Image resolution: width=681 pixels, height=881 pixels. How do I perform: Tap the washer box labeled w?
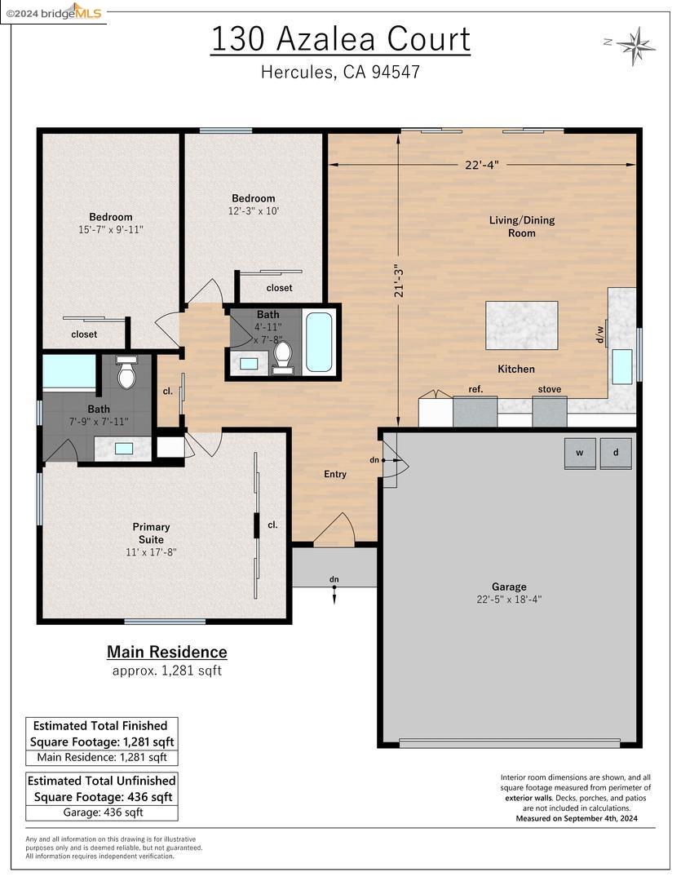click(580, 454)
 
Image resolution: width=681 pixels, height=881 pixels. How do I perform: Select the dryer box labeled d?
click(616, 454)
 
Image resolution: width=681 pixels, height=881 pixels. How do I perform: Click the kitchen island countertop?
click(522, 325)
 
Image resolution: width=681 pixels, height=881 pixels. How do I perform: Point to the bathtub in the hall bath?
click(319, 342)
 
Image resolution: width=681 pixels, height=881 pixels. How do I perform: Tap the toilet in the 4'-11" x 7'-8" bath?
click(283, 355)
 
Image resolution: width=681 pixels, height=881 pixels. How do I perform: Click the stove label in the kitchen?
click(549, 389)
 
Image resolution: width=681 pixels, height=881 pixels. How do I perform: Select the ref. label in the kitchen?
click(475, 389)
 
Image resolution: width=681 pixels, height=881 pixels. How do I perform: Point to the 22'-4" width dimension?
click(481, 164)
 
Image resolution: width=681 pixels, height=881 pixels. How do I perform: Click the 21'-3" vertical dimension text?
click(399, 280)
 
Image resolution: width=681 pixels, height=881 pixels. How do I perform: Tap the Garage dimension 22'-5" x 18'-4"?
click(509, 599)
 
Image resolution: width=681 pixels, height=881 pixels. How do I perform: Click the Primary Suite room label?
click(151, 533)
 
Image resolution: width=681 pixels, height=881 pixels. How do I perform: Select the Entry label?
click(335, 474)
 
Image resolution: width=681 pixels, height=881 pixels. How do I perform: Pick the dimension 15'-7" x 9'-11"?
click(111, 229)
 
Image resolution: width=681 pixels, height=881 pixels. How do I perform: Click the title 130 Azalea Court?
click(340, 39)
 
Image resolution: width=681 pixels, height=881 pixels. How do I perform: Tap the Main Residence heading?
click(167, 652)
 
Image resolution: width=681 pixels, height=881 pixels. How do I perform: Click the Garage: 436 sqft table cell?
click(103, 812)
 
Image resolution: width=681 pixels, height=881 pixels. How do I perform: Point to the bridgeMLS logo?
click(73, 12)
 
